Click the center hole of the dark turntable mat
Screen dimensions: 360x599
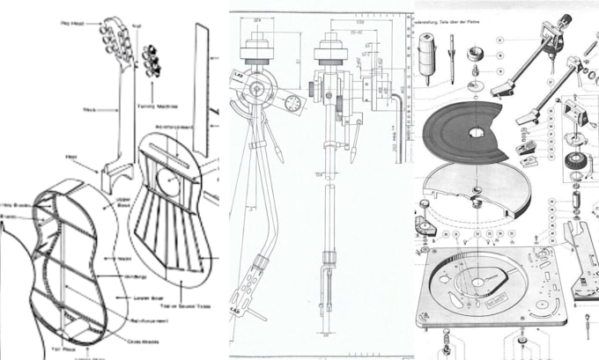coord(477,134)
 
